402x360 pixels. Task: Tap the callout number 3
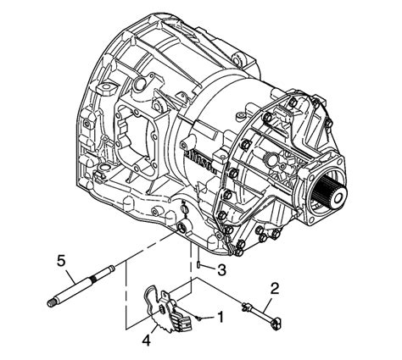pyautogui.click(x=220, y=270)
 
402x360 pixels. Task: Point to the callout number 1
pyautogui.click(x=220, y=318)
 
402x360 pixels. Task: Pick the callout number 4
pyautogui.click(x=147, y=341)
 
